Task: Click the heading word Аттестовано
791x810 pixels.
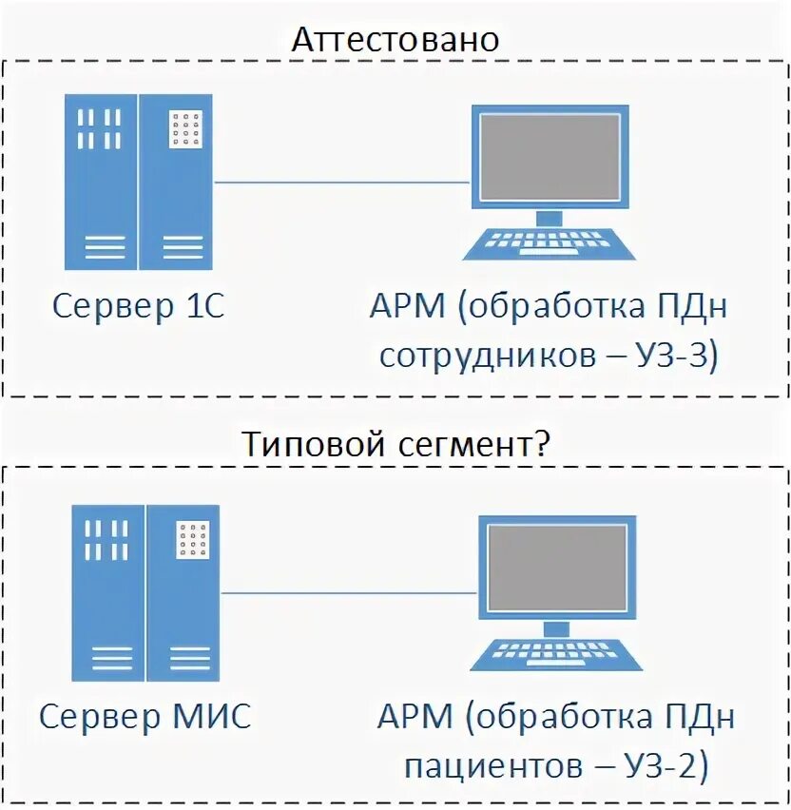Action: point(395,39)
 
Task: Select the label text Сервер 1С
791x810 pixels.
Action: point(139,307)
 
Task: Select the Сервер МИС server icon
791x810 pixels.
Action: point(145,592)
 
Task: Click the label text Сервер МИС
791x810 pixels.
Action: point(145,716)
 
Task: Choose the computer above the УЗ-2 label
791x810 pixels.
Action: point(555,592)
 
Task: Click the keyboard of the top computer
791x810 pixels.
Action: point(549,243)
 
